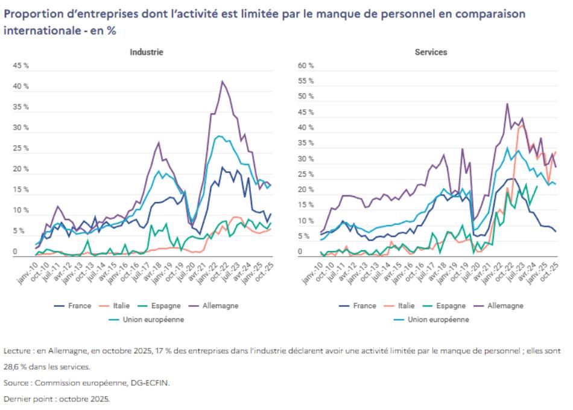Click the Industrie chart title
click(147, 52)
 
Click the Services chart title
click(431, 52)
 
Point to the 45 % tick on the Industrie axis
click(21, 66)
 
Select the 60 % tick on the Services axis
click(306, 66)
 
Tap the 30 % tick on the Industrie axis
click(21, 128)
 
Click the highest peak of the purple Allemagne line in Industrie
click(223, 81)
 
